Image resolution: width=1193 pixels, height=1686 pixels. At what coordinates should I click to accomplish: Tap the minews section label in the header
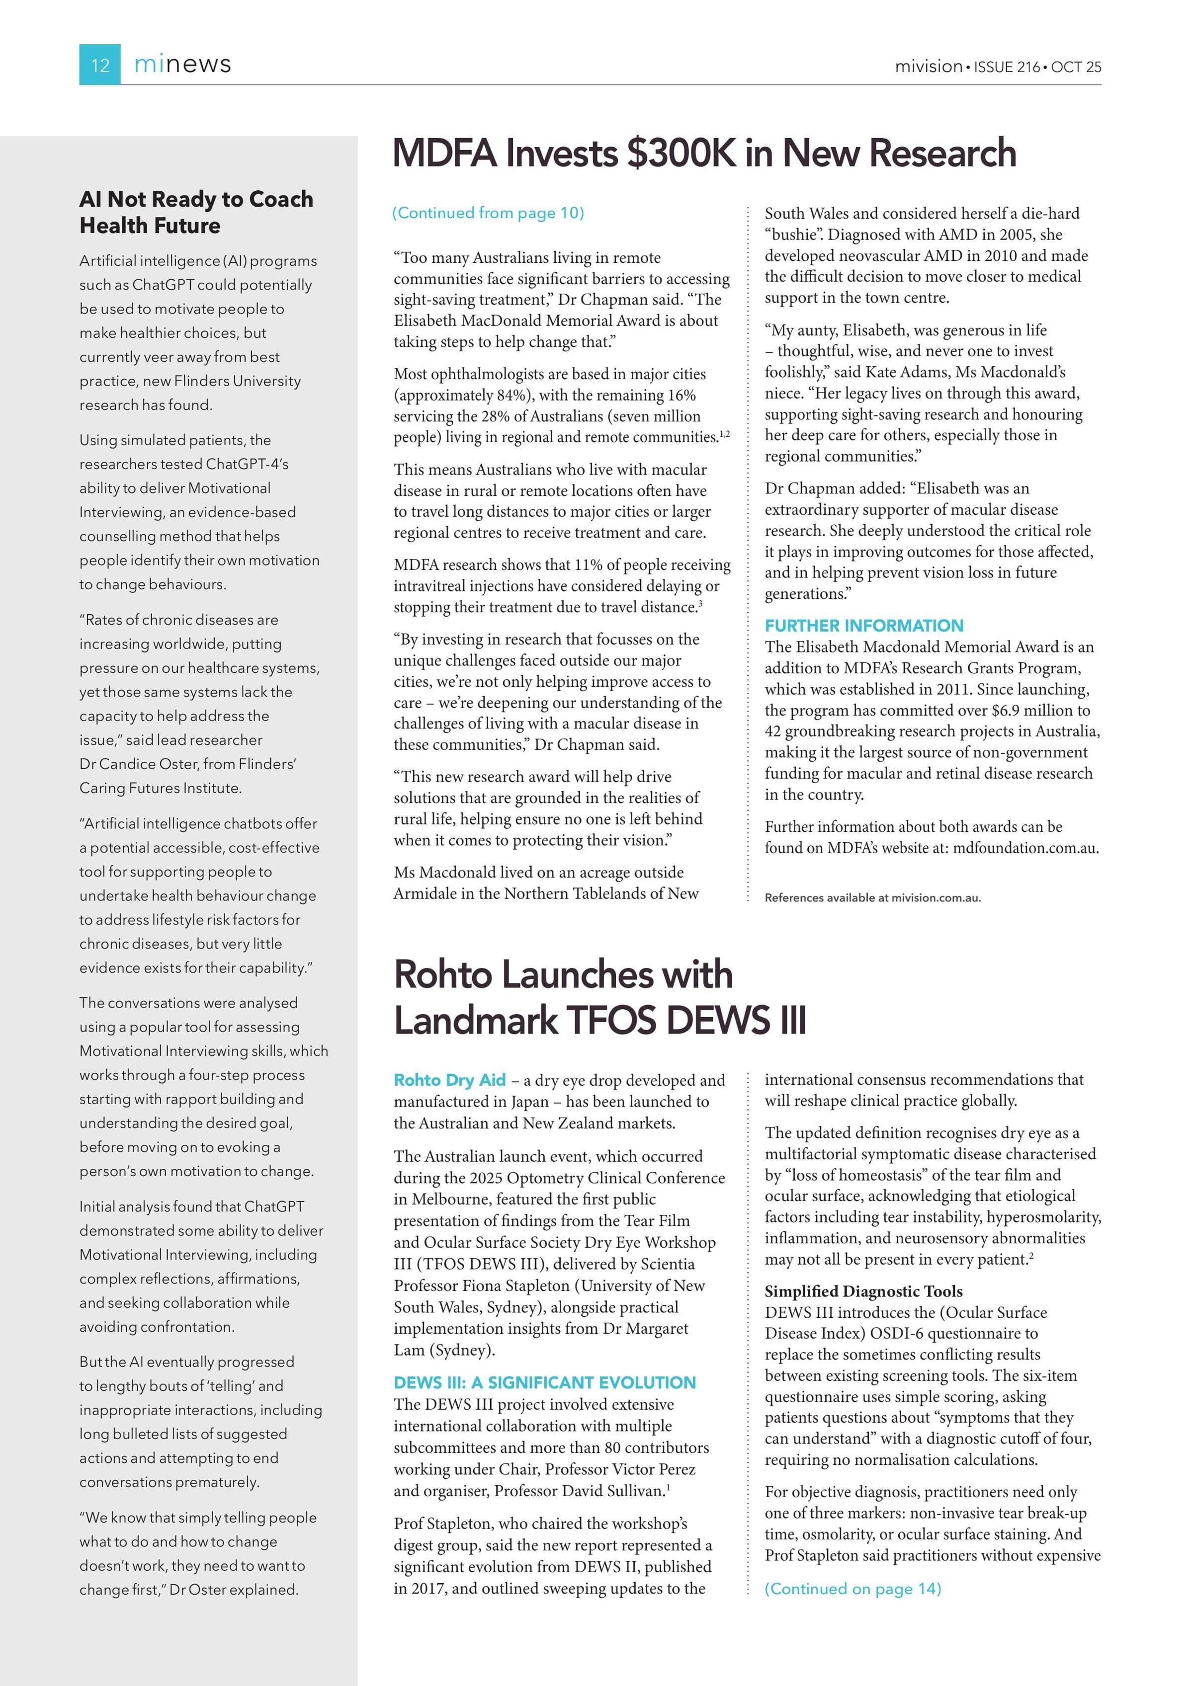[x=182, y=65]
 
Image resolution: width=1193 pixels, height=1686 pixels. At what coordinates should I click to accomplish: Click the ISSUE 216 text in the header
[x=1007, y=67]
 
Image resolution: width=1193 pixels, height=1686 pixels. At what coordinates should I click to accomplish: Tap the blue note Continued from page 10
[x=488, y=213]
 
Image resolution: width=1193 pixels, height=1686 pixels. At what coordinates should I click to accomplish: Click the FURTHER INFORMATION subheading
[x=864, y=626]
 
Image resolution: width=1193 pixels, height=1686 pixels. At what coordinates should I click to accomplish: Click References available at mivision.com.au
[x=873, y=897]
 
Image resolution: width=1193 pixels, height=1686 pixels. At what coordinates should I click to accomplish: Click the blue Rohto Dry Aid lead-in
[x=449, y=1079]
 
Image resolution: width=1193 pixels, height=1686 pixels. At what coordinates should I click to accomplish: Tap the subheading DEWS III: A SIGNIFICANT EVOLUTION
[x=544, y=1383]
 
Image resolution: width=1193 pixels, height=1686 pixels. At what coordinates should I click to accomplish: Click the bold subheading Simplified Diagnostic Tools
[x=863, y=1291]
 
